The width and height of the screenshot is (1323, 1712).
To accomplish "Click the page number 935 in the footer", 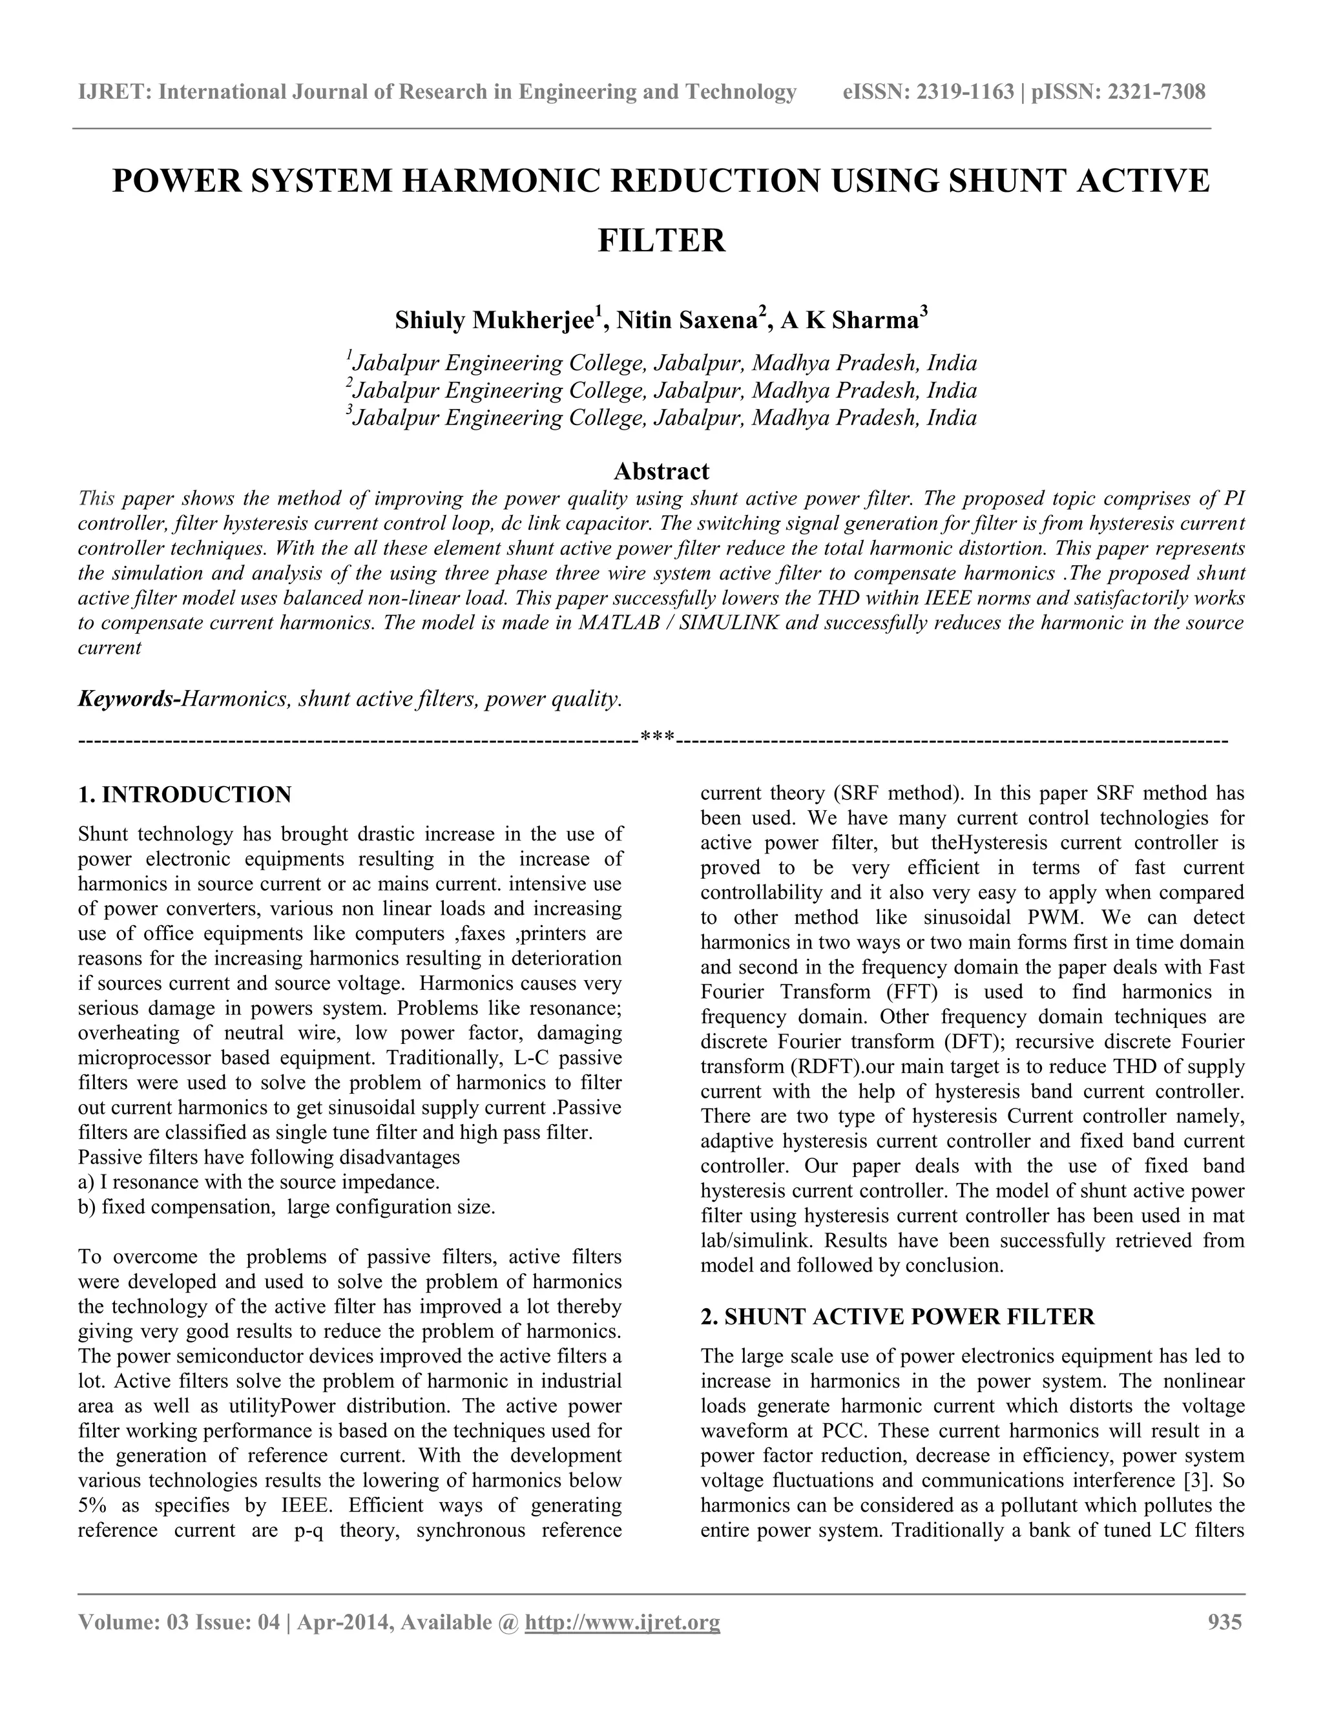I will [x=1224, y=1622].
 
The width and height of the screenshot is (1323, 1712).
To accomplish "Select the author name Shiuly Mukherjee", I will [x=494, y=320].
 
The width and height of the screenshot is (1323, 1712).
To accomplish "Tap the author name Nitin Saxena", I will [x=687, y=320].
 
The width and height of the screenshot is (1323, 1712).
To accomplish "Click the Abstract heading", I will [x=661, y=471].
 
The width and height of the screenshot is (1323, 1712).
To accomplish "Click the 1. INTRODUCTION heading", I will [x=185, y=795].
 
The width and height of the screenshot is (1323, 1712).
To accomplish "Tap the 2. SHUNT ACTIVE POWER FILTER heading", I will [x=897, y=1316].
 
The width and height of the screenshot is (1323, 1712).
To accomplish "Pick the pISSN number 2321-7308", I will [x=1155, y=92].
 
